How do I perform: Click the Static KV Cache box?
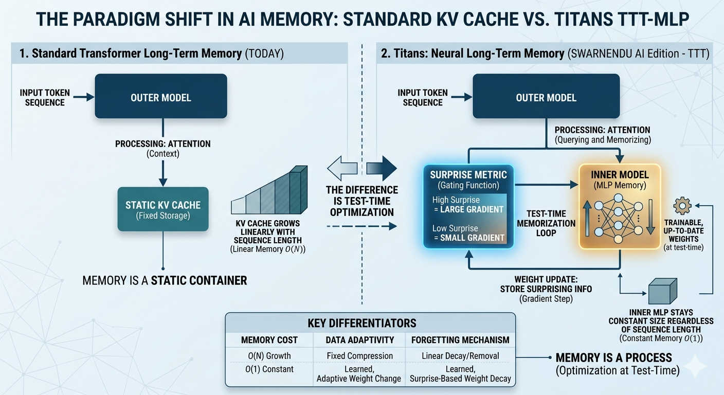[163, 209]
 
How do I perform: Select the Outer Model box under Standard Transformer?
[161, 96]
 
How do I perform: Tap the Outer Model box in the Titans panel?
[546, 96]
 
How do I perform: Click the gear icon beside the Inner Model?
[682, 206]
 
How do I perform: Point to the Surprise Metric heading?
[468, 175]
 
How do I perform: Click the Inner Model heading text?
[620, 175]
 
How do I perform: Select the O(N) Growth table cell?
[269, 355]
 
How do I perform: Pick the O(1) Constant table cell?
[269, 369]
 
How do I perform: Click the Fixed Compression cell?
[360, 355]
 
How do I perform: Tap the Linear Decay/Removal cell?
[460, 355]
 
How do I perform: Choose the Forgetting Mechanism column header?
[460, 340]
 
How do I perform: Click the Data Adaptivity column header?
[360, 340]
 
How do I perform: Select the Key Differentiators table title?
[362, 323]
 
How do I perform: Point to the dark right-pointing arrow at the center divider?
[382, 168]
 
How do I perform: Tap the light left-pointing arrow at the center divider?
[342, 168]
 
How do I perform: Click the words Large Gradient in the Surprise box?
[472, 209]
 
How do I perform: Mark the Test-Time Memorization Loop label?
[546, 223]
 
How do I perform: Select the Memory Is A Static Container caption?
[165, 280]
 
